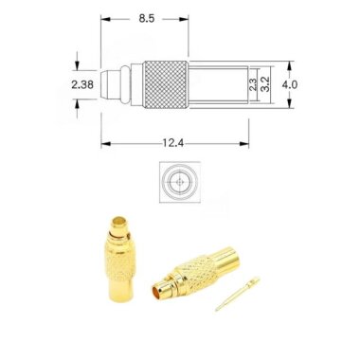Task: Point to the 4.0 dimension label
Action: tap(291, 84)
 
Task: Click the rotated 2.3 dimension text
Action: tap(253, 84)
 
